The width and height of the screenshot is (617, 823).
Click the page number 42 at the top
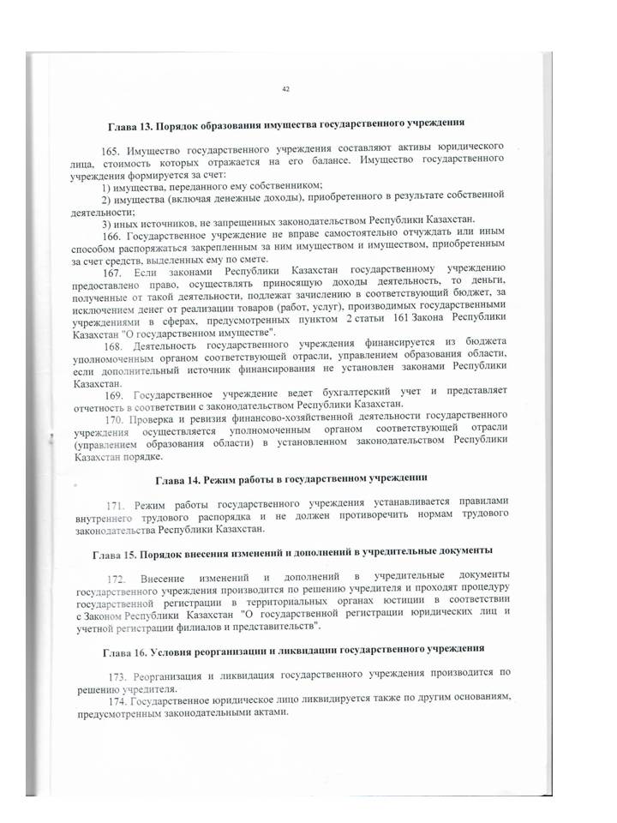coord(285,88)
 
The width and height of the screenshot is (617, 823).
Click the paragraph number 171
coord(117,500)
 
